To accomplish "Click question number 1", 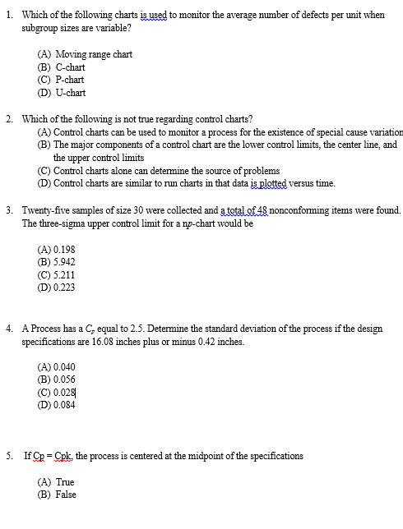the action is coord(7,13).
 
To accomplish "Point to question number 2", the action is coord(7,119).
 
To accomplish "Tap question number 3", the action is coord(7,210).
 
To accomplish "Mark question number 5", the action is coord(7,455).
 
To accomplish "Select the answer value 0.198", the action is coord(65,249).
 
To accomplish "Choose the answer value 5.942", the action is coord(65,262).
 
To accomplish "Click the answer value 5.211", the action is coord(65,274).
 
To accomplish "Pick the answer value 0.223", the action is coord(65,287).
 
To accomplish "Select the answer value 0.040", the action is coord(65,366).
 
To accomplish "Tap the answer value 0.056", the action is coord(65,379).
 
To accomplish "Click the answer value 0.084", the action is coord(65,404).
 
